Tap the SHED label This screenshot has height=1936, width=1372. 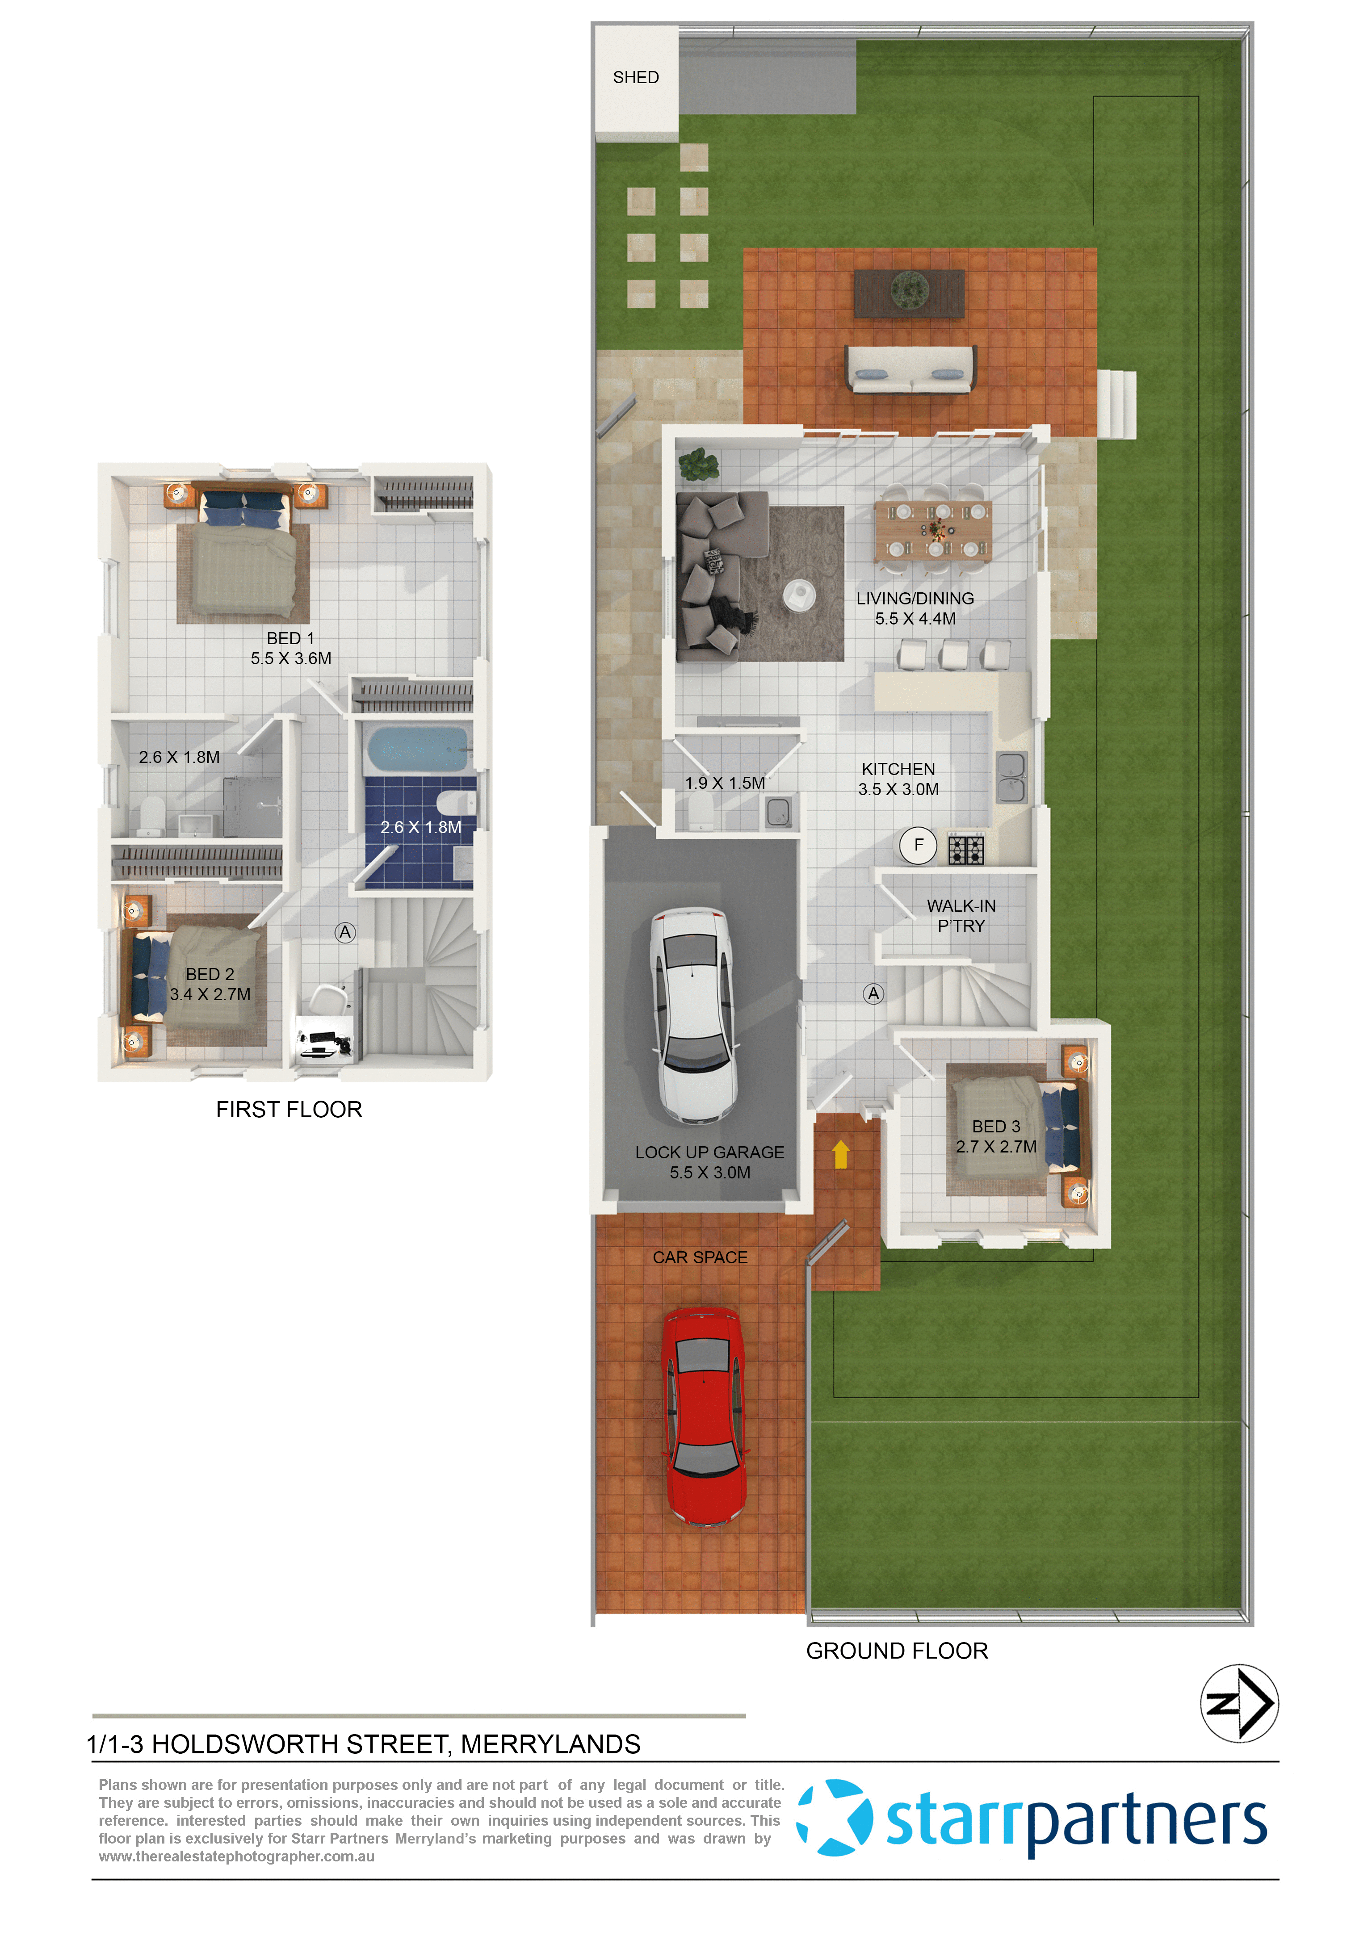(635, 78)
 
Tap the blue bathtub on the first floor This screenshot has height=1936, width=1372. (417, 749)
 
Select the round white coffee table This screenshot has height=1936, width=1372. (798, 595)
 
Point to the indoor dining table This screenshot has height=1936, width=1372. (933, 530)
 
